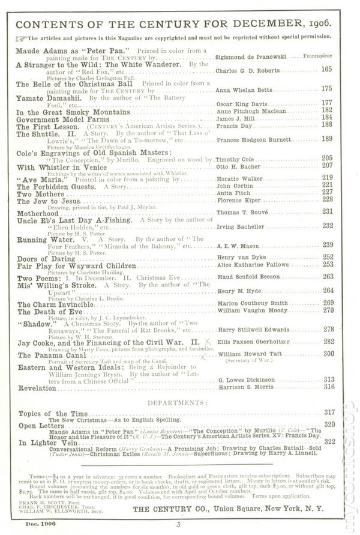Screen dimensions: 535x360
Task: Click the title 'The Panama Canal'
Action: coord(49,356)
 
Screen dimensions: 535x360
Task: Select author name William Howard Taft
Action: coord(247,354)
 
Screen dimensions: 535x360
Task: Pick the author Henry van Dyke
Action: coord(237,257)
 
